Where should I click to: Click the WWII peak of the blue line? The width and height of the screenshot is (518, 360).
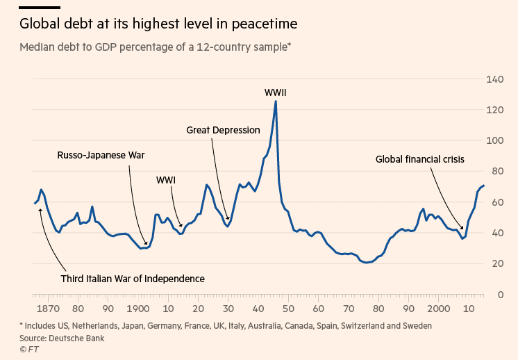click(x=276, y=101)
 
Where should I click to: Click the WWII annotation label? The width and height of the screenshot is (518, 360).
click(x=276, y=92)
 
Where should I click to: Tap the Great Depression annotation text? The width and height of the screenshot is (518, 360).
click(x=223, y=130)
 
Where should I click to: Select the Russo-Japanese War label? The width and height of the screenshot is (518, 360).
click(x=101, y=155)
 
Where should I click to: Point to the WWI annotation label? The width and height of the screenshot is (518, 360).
click(x=166, y=180)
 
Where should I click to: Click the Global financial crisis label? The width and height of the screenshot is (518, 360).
click(x=420, y=159)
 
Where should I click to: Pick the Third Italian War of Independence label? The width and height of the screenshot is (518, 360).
click(x=133, y=279)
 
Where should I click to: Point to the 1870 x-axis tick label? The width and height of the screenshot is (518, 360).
click(x=48, y=309)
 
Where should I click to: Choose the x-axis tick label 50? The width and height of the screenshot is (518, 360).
click(x=288, y=309)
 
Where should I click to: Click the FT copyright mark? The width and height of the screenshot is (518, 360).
click(x=29, y=349)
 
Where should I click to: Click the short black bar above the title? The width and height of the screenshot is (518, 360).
click(x=40, y=7)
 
